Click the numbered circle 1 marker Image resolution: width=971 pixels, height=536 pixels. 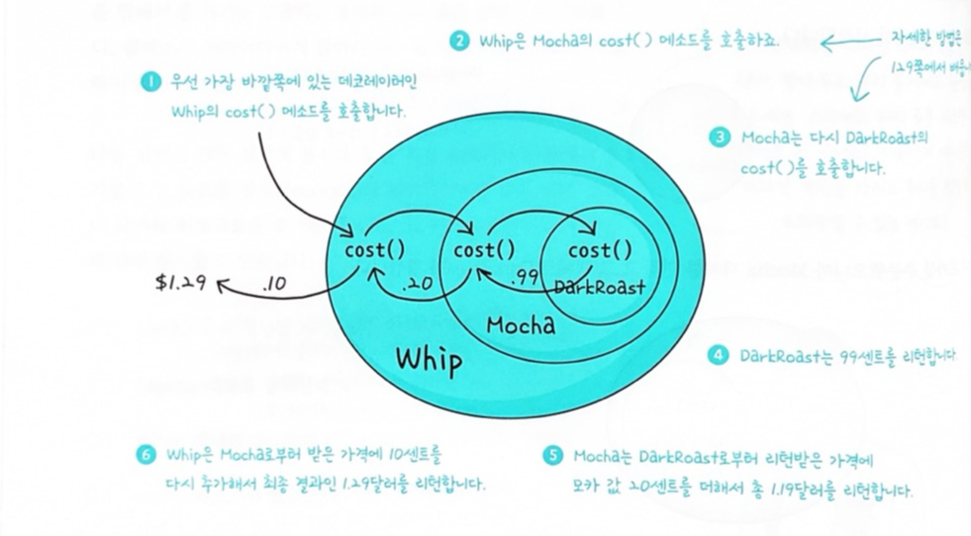coord(150,83)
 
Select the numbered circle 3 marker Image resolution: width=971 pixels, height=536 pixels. coord(720,137)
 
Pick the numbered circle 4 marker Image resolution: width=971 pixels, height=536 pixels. coord(720,355)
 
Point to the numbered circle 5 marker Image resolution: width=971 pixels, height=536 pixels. coord(552,456)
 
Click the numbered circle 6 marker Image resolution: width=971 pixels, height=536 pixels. coord(146,455)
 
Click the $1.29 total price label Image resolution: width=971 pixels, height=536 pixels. coord(179,282)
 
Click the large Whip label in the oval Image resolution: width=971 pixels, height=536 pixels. coord(429,360)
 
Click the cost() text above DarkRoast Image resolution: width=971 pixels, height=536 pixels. coord(600,251)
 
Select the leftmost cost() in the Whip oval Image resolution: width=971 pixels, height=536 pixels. coord(374,250)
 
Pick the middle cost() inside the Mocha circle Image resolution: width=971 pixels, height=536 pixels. coord(484,250)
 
